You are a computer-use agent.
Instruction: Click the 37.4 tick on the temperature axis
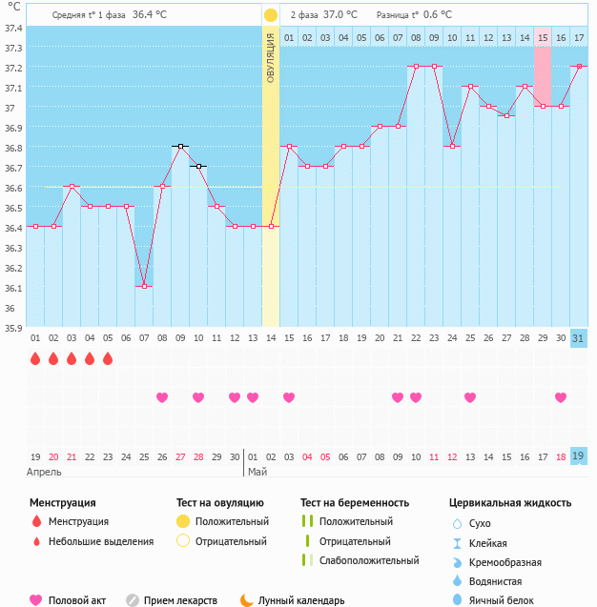(13, 28)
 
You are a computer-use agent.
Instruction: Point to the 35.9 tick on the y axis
(13, 328)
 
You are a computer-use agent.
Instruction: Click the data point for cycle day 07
(144, 286)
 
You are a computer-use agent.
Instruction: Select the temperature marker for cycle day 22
(416, 67)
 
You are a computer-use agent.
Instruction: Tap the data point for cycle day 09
(180, 146)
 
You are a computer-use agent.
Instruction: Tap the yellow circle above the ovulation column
(271, 15)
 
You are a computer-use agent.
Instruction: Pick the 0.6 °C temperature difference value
(437, 15)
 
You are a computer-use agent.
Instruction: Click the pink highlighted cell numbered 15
(542, 37)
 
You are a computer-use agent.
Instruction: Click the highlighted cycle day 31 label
(578, 338)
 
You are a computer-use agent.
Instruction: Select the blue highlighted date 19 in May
(578, 456)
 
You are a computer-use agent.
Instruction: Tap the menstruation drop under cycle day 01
(35, 359)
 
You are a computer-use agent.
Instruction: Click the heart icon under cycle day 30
(561, 397)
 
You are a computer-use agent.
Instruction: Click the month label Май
(257, 472)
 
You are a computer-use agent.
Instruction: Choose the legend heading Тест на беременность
(354, 502)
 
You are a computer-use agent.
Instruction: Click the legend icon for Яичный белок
(456, 599)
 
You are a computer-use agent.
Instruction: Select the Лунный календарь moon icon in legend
(247, 600)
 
